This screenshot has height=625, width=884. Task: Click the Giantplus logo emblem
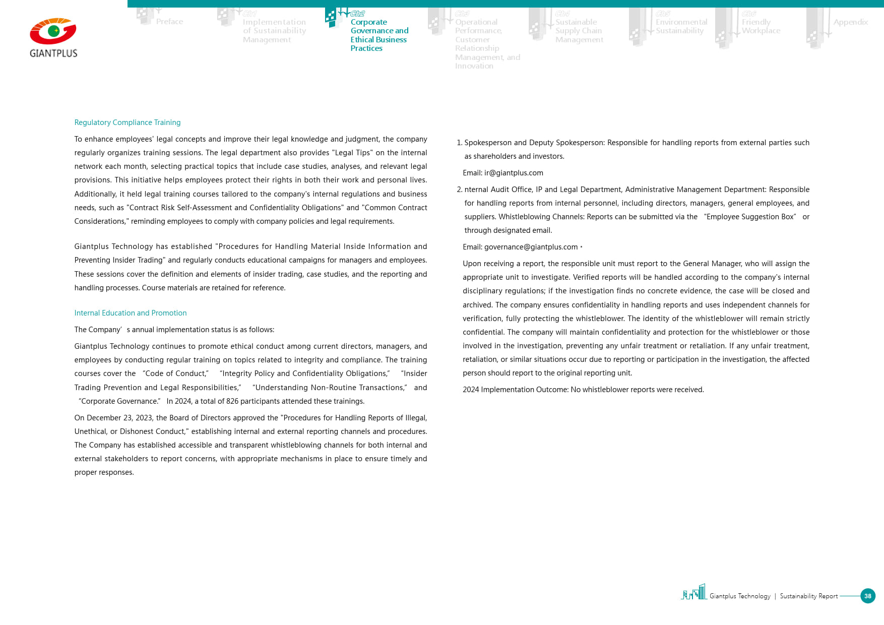pos(53,32)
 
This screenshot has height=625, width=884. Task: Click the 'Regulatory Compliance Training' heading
pos(127,122)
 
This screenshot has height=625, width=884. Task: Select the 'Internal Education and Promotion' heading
pos(130,313)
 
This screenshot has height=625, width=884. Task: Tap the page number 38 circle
pos(867,596)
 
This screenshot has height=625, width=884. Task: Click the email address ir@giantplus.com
pos(514,173)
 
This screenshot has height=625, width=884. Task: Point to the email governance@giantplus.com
pos(531,247)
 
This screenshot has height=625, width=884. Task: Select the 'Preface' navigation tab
pos(169,22)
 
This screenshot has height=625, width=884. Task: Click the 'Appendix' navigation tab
pos(850,22)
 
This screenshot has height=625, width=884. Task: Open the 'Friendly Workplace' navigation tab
pos(761,26)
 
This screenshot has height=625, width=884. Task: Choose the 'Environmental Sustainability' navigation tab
pos(681,26)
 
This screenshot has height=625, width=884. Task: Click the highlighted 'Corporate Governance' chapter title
pos(379,35)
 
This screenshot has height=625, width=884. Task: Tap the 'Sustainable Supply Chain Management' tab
pos(579,31)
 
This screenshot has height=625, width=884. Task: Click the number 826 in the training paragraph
pos(232,401)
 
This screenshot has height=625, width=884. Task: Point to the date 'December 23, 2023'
pos(119,418)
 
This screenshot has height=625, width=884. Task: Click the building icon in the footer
pos(694,592)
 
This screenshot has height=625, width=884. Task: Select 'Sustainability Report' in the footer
pos(808,596)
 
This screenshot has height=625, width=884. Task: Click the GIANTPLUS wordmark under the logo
pos(53,53)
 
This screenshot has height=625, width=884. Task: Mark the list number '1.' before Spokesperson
pos(459,143)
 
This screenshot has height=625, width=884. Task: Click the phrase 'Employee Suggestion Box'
pos(750,217)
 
